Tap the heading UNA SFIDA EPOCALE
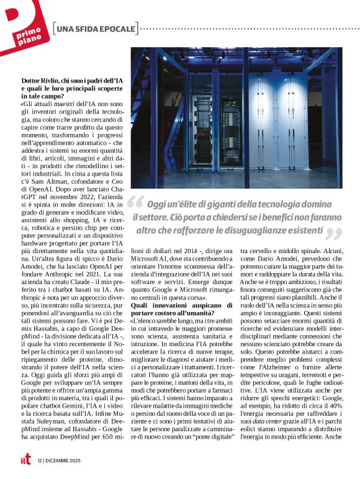96,29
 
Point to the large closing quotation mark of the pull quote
334,234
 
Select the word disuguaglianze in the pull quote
252,230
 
